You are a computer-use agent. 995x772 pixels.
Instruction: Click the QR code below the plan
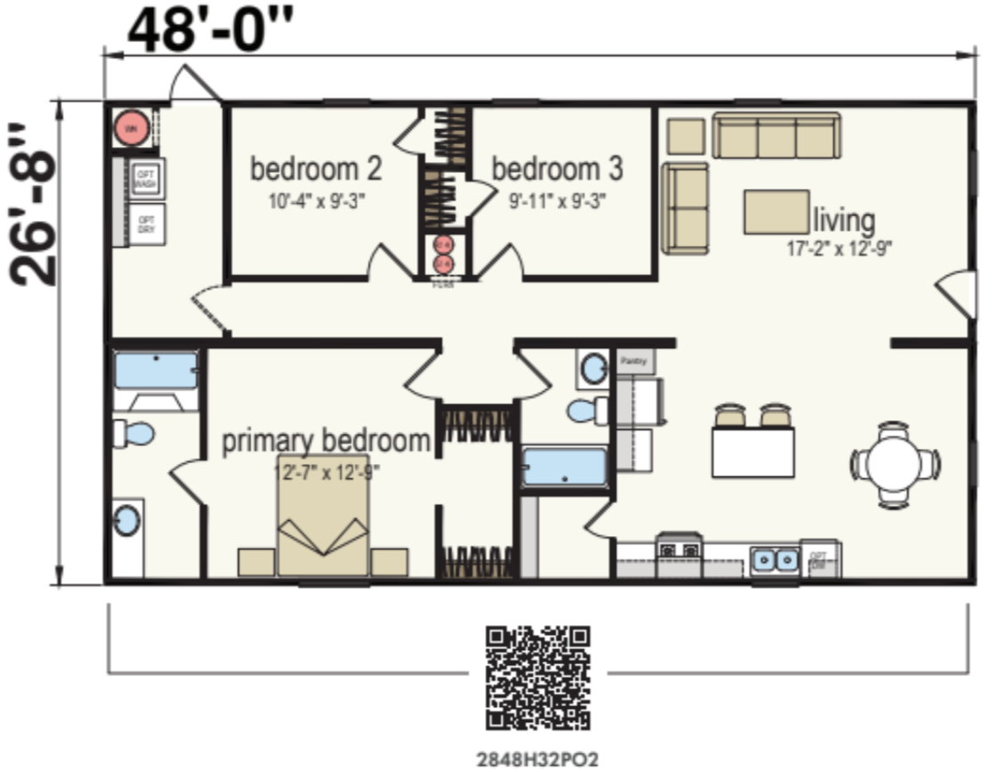538,677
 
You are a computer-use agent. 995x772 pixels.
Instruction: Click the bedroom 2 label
316,168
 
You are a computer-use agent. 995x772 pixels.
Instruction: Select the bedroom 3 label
557,168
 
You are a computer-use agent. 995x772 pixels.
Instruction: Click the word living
843,219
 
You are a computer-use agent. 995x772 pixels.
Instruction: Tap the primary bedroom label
326,441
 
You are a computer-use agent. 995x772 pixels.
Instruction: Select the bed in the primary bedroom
322,527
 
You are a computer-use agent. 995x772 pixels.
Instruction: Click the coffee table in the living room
776,212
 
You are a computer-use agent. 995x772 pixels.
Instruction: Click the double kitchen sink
774,560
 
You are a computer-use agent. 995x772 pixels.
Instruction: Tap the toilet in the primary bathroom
133,434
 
